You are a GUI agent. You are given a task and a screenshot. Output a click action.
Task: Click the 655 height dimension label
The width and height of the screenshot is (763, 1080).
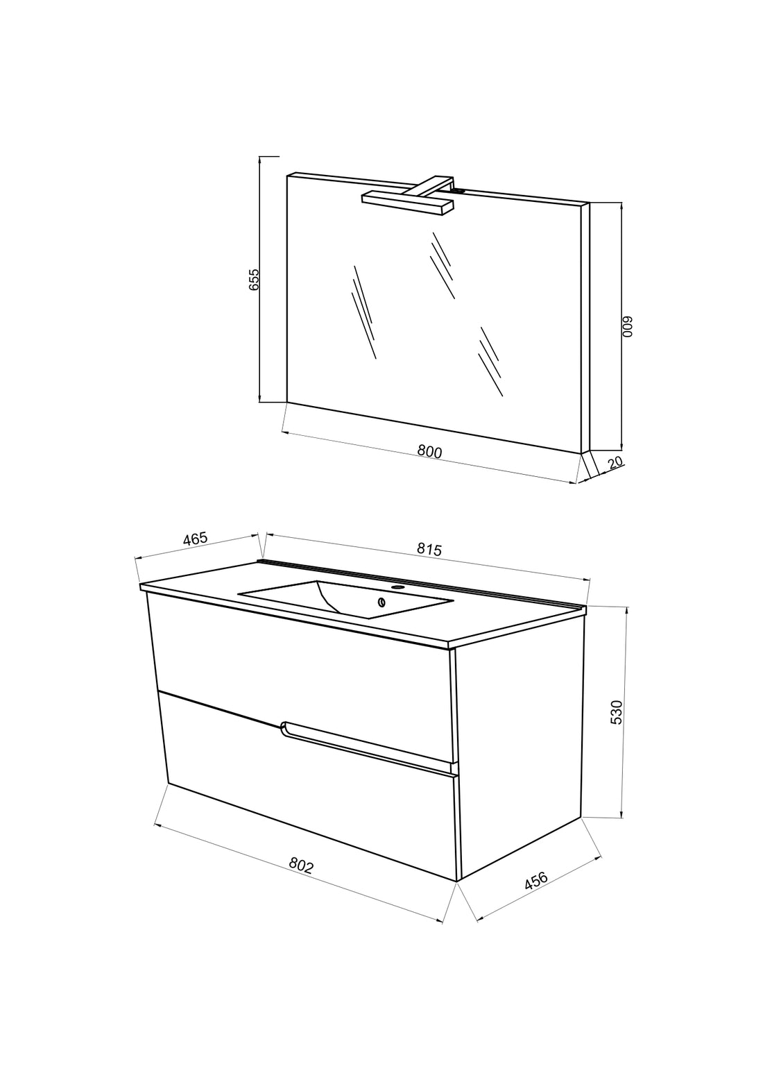(x=254, y=280)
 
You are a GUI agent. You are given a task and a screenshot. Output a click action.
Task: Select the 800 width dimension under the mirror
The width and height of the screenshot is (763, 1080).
(x=429, y=452)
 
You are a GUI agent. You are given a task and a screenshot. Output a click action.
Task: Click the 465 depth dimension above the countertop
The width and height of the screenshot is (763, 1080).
(x=195, y=539)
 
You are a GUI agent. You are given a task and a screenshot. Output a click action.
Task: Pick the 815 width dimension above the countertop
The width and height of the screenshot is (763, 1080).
(x=429, y=550)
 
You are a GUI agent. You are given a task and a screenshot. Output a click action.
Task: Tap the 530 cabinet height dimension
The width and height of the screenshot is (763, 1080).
(x=617, y=712)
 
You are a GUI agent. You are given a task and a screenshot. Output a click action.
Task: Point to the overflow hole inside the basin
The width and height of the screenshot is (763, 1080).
(x=382, y=602)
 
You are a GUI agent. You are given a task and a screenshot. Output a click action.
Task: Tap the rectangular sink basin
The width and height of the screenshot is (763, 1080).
(x=346, y=598)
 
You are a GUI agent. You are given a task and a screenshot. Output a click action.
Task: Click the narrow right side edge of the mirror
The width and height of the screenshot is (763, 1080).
(x=585, y=328)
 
